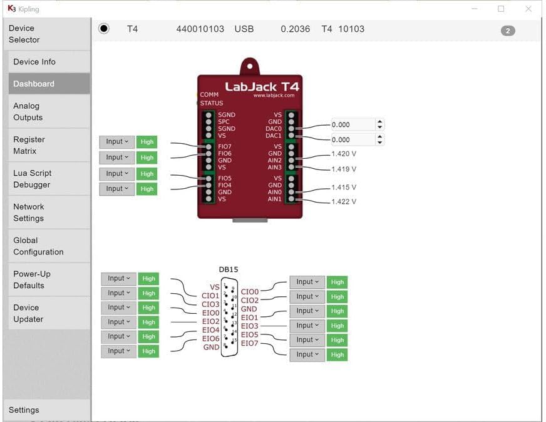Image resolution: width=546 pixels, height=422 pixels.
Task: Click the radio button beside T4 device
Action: (x=104, y=29)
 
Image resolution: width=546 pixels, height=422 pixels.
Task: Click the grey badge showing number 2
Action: (x=508, y=31)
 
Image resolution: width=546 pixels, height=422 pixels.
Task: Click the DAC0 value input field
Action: (x=353, y=124)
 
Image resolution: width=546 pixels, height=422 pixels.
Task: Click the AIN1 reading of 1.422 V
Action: (x=344, y=201)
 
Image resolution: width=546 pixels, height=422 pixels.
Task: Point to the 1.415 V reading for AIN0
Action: (x=344, y=187)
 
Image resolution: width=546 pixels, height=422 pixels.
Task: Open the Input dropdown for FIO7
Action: (x=117, y=142)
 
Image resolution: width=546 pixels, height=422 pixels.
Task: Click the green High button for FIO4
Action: (x=147, y=189)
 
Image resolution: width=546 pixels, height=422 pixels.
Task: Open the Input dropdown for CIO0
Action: (x=307, y=282)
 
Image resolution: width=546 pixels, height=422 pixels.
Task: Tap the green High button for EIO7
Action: (x=337, y=354)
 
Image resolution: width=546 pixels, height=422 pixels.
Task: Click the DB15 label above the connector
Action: (x=228, y=269)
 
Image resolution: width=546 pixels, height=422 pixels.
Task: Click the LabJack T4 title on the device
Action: (x=262, y=87)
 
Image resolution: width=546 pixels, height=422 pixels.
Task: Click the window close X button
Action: (x=528, y=9)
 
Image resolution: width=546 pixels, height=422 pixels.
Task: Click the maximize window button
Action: (x=501, y=9)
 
